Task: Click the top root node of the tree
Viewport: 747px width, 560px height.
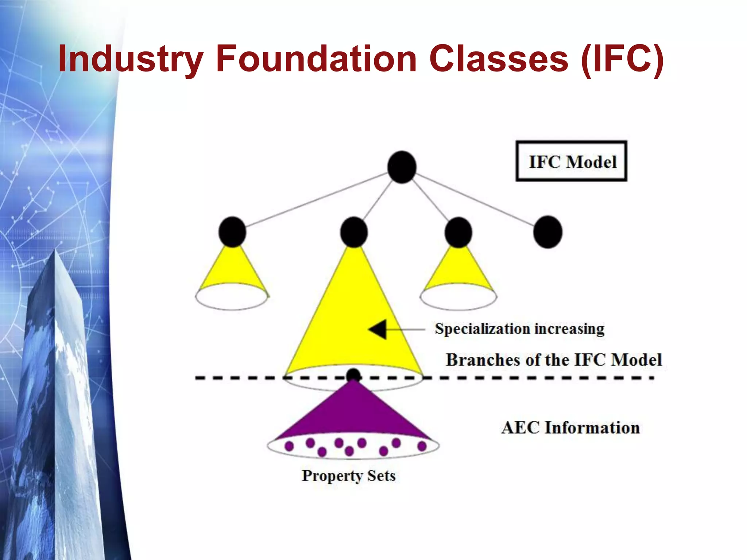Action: [402, 167]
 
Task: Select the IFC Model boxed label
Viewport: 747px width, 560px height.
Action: [572, 161]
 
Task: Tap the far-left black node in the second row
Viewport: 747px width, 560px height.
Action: [232, 232]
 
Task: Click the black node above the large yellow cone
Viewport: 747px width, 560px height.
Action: [353, 232]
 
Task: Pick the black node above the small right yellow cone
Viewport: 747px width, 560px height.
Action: [458, 232]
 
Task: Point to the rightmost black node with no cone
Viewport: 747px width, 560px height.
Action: [547, 232]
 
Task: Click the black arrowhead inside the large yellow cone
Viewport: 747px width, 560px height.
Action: [378, 329]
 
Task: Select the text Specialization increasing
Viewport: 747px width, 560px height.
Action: [519, 329]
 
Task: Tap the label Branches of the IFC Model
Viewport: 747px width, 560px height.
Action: [553, 360]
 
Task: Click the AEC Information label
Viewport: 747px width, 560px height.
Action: [570, 428]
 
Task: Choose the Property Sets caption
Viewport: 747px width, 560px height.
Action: [348, 476]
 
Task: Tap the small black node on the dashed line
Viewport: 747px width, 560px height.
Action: [353, 374]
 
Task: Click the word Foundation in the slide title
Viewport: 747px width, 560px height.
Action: [316, 58]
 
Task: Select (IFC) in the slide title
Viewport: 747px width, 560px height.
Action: [622, 58]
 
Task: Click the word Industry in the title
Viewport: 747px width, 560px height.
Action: [130, 58]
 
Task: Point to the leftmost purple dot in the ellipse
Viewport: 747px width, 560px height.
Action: [289, 446]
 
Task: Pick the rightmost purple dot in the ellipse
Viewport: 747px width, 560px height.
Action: [422, 446]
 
